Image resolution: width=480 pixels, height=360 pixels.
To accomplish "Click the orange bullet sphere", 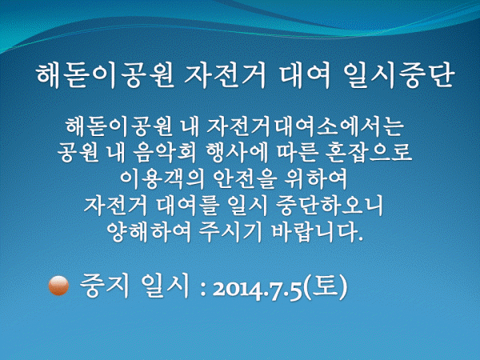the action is coord(58,286).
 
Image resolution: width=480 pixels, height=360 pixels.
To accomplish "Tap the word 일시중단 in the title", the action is coord(398,76).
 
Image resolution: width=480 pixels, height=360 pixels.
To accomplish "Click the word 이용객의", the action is coord(162,179).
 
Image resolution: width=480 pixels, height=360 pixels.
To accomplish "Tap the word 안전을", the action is coord(243,179).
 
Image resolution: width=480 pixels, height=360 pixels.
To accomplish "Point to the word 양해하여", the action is coord(149,232).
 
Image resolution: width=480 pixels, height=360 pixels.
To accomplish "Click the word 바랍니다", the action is coord(318,232).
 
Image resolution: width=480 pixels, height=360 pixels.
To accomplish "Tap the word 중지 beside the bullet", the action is coord(103,286).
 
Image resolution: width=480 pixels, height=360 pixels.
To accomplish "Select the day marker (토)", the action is coord(326,286).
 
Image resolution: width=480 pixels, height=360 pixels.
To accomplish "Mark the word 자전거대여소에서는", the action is coord(304,126).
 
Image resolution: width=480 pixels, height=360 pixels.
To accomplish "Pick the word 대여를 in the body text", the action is coord(187,206).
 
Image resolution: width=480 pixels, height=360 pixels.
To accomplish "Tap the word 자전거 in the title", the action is coord(226,76).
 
